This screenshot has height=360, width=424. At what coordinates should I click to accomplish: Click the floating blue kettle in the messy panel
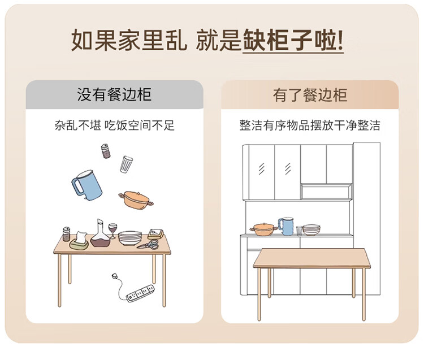(x=86, y=185)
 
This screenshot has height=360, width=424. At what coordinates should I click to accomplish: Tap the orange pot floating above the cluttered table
(x=136, y=198)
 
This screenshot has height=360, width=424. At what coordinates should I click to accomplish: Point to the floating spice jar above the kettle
(x=106, y=150)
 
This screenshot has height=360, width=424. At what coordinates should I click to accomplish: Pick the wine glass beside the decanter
(x=113, y=231)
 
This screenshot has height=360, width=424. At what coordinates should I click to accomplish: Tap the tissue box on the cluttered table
(x=79, y=241)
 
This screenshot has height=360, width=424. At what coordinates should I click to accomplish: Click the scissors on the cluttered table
(x=148, y=245)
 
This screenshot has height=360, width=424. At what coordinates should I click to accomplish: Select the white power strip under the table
(x=140, y=292)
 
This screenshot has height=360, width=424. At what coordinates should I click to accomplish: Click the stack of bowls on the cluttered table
(x=130, y=238)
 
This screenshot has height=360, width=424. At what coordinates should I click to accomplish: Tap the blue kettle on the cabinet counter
(x=287, y=226)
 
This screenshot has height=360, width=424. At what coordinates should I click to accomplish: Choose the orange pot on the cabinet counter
(x=263, y=229)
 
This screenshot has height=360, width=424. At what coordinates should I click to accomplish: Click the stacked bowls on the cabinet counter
(x=311, y=229)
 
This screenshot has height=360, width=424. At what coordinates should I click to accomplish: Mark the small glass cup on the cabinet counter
(x=299, y=230)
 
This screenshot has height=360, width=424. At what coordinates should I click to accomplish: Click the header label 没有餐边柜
(x=114, y=95)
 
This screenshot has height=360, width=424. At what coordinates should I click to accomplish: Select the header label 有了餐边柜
(x=310, y=95)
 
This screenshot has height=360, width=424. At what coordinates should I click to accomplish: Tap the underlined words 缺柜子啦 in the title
(x=293, y=41)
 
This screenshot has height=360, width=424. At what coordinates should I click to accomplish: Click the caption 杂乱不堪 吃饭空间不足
(x=114, y=125)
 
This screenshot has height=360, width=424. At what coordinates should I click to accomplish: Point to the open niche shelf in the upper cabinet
(x=326, y=192)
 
